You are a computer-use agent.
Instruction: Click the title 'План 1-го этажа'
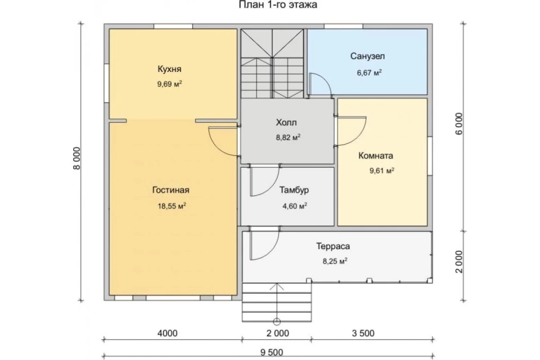point(278,5)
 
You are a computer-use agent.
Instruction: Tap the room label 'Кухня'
point(169,69)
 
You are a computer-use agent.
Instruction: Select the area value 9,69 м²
point(169,84)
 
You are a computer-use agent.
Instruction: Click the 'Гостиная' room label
point(171,190)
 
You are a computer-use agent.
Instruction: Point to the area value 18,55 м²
point(172,206)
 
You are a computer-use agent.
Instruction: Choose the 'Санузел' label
point(367,56)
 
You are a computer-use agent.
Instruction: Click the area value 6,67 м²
point(369,73)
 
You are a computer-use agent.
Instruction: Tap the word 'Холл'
point(286,122)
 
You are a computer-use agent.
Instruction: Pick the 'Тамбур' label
point(294,190)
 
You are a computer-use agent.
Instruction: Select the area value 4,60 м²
point(295,206)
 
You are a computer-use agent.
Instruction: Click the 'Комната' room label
point(376,156)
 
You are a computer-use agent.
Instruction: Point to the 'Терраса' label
point(333,246)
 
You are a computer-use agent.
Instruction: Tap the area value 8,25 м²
point(335,261)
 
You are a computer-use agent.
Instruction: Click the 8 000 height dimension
point(77,159)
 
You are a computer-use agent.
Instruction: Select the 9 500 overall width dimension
point(272,352)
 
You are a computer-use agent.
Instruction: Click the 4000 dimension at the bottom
point(168,333)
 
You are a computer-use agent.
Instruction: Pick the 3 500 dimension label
point(363,333)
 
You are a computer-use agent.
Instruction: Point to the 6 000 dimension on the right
point(460,124)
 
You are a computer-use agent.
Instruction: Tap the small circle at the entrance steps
point(277,322)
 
